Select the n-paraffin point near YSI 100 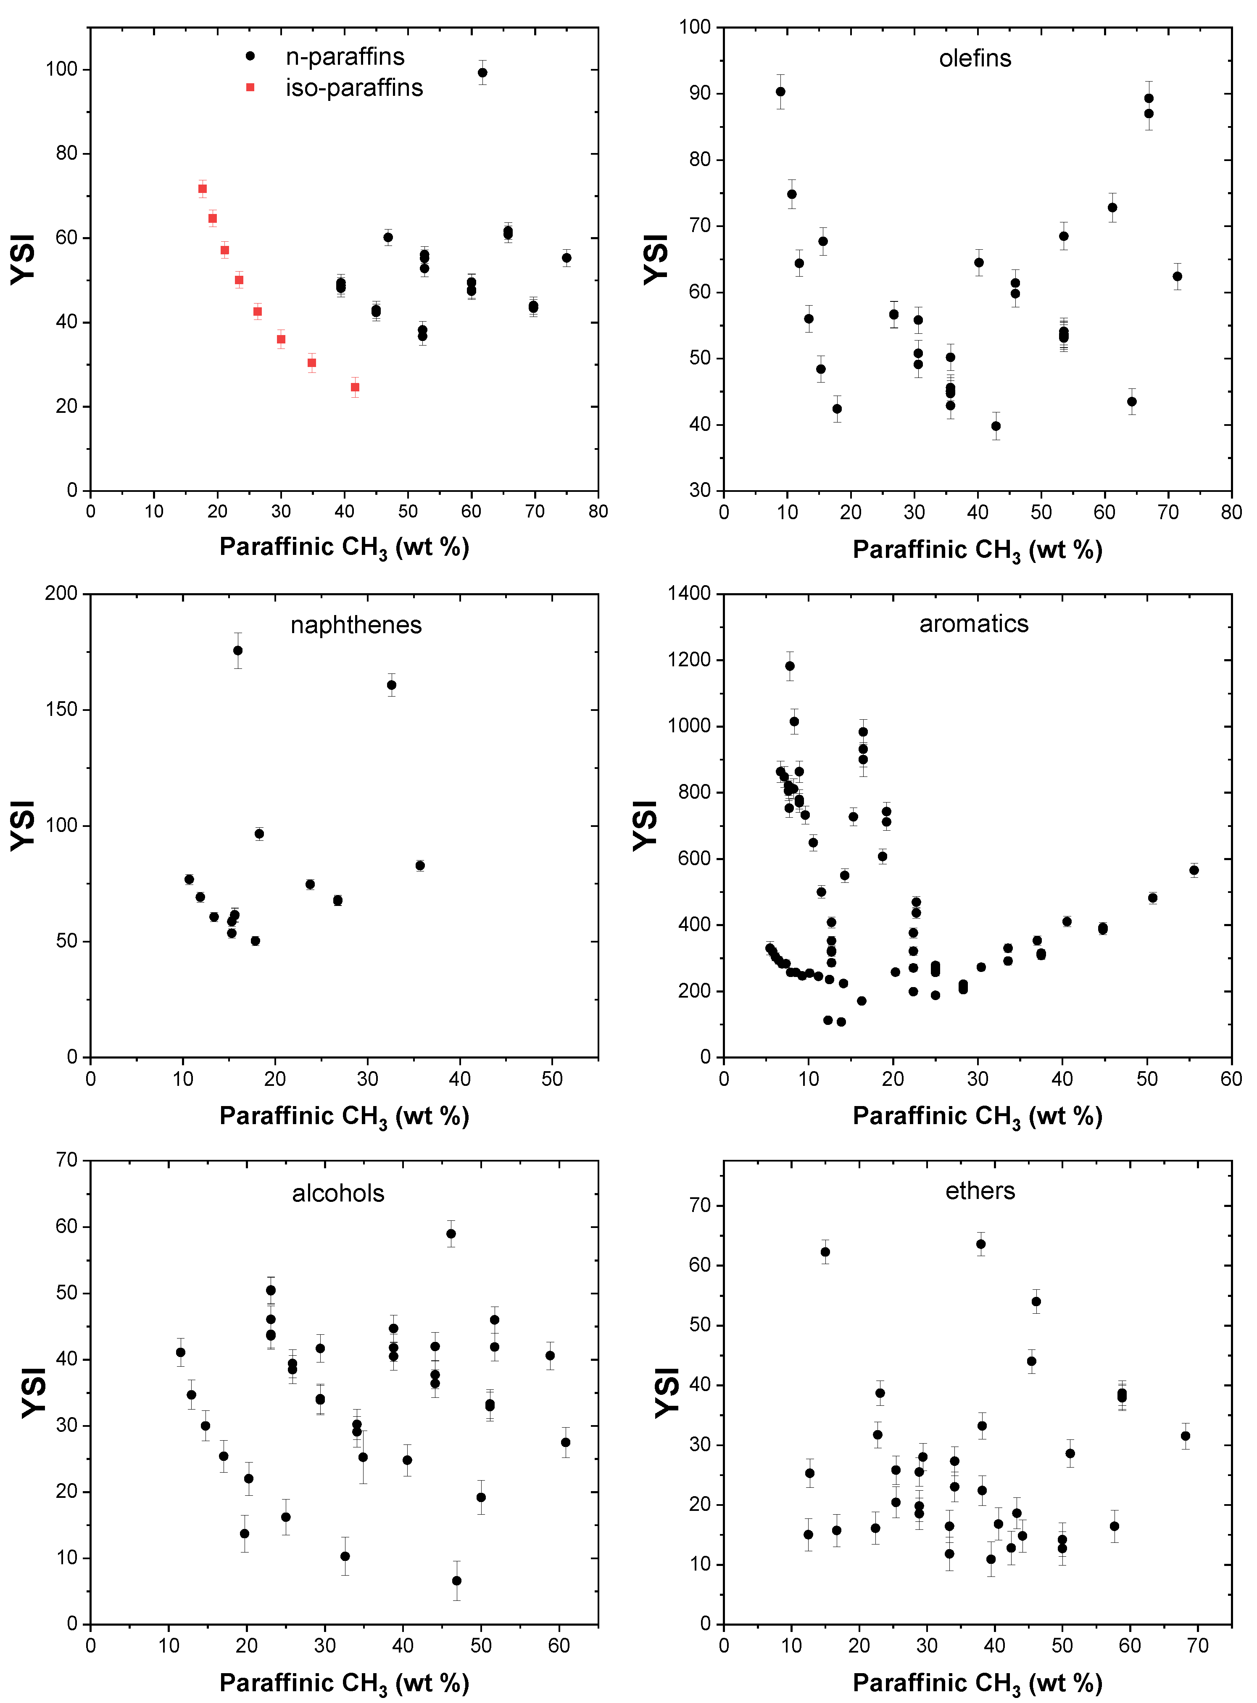482,73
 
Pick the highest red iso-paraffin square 203,189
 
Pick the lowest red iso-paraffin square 355,387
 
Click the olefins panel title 975,58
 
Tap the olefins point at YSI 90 780,92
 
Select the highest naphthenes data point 238,651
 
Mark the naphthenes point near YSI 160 392,685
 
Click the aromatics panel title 973,624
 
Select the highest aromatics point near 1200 790,666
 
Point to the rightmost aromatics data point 1194,870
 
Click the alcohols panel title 338,1193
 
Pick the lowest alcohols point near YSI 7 456,1581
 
